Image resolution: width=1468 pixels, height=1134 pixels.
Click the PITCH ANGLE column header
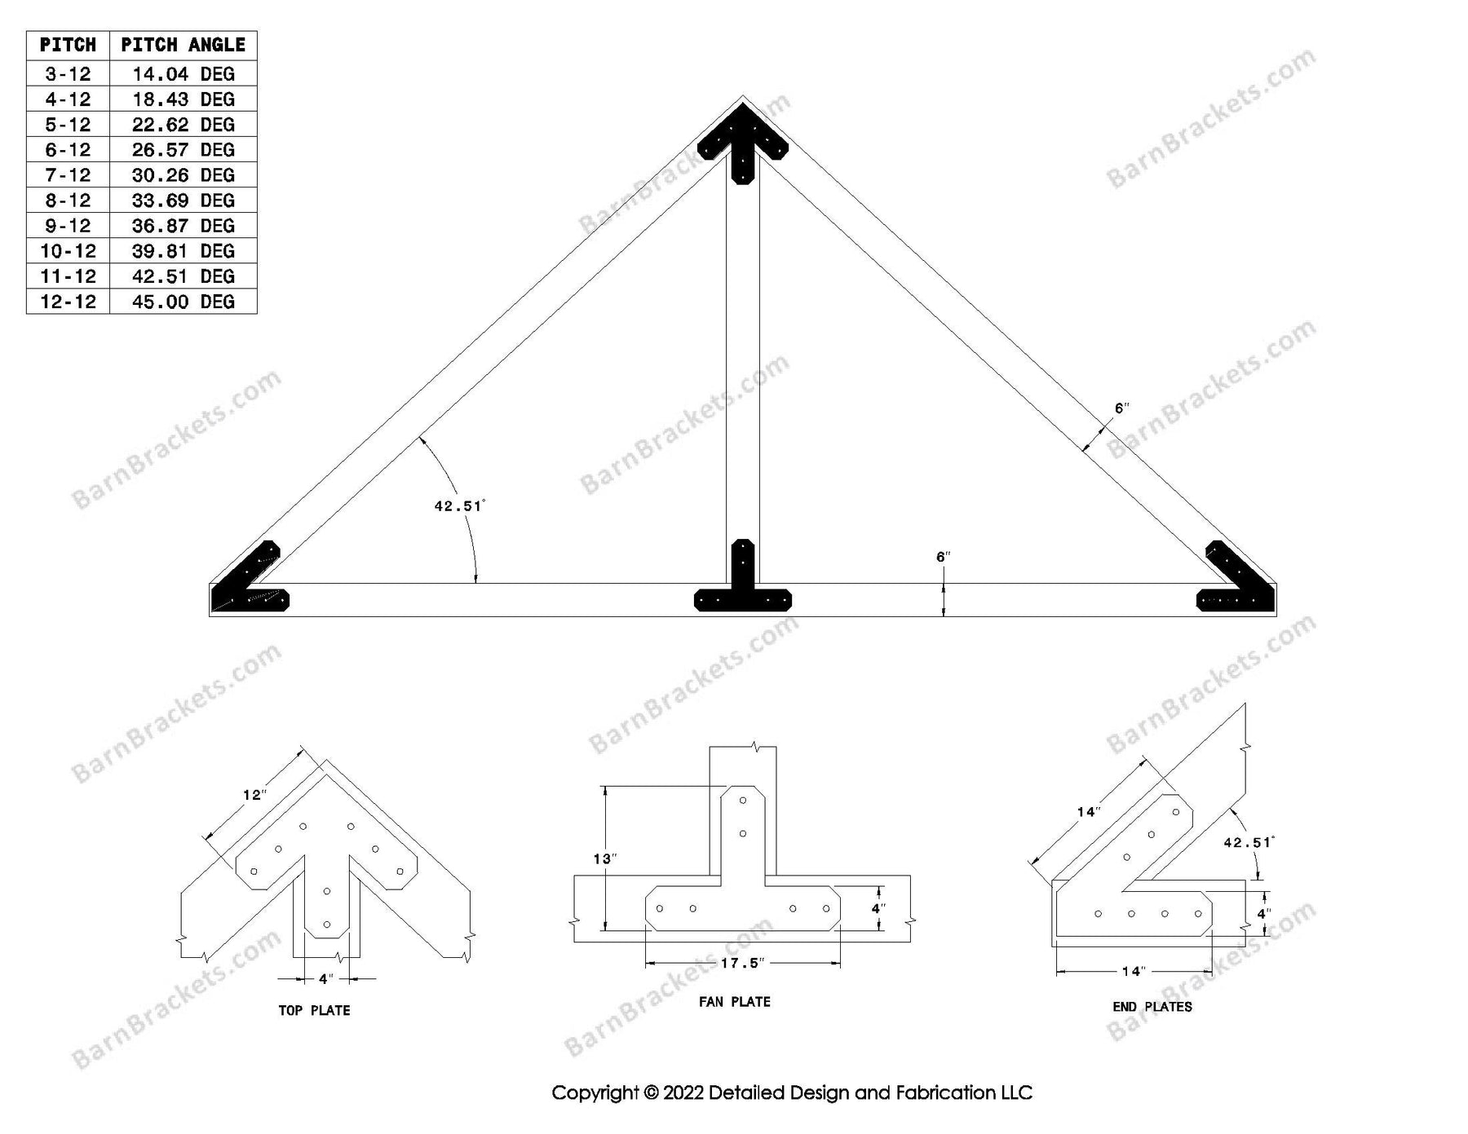point(183,46)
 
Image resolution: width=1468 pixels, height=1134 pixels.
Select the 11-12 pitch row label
point(68,276)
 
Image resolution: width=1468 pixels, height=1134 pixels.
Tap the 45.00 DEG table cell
point(183,302)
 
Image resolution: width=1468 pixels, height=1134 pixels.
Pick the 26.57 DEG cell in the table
point(183,150)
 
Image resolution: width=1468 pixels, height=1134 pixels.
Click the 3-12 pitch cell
point(68,74)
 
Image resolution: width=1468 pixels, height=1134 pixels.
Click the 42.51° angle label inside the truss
point(459,506)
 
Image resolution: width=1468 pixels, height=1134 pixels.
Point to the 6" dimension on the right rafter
point(1121,408)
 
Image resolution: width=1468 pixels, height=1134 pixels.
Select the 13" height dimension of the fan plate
point(604,858)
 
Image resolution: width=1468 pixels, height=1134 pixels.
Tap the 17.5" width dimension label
point(741,964)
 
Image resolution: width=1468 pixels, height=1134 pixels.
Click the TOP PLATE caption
point(314,1011)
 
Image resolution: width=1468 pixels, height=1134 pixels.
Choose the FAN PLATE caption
point(734,1002)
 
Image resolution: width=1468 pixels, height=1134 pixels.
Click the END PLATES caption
point(1152,1007)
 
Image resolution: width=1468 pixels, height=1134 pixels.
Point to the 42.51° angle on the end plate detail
point(1248,843)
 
